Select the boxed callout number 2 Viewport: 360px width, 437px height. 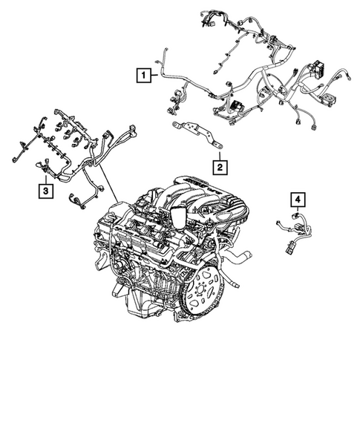tap(220, 167)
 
